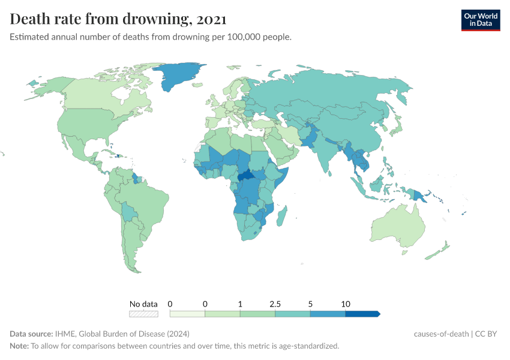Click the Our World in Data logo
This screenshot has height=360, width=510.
point(480,20)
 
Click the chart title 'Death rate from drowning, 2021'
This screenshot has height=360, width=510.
point(118,19)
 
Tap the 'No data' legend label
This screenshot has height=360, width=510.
point(143,304)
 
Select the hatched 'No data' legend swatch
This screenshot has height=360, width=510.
point(143,313)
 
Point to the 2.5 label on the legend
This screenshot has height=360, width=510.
point(275,304)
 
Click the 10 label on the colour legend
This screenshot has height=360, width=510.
point(346,304)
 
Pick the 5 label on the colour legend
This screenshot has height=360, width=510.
point(310,304)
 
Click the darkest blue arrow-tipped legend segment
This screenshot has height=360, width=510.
point(362,313)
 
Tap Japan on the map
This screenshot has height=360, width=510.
point(396,125)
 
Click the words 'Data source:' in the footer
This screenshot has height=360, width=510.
point(31,334)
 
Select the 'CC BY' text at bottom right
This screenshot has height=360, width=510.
point(487,334)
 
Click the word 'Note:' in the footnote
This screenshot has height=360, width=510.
point(19,346)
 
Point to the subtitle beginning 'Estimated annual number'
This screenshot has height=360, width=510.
point(151,37)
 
